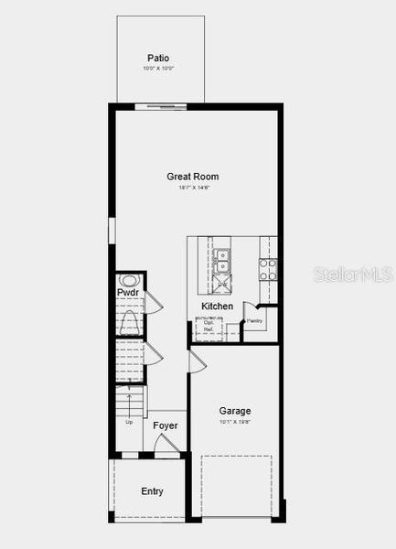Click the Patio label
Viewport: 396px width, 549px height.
tap(157, 58)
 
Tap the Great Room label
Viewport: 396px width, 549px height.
tap(192, 177)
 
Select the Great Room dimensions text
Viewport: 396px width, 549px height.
tap(193, 188)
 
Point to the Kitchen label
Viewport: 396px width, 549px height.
tap(217, 306)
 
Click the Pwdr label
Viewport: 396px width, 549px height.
tap(127, 293)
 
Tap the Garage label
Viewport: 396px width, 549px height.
tap(234, 411)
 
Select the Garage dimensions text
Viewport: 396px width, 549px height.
tap(234, 422)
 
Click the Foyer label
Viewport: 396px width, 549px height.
tap(165, 425)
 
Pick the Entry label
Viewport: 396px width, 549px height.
tap(152, 491)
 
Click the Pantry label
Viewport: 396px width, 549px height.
tap(254, 321)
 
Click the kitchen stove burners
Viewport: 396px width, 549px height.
tap(268, 268)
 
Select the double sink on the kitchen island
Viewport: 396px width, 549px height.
tap(222, 260)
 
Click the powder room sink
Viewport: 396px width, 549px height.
tap(129, 281)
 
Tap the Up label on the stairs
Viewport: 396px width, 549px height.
tap(129, 422)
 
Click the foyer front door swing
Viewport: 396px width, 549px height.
tap(166, 445)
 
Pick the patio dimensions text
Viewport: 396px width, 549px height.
tap(157, 69)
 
